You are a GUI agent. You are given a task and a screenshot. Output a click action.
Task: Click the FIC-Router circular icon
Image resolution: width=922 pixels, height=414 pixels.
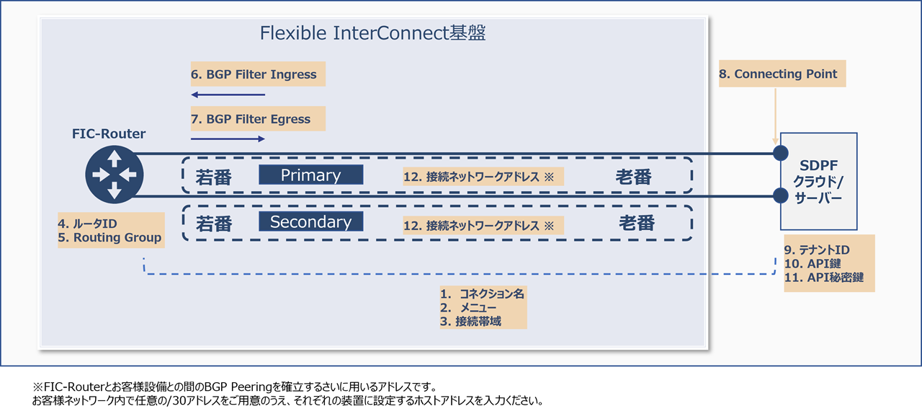point(115,175)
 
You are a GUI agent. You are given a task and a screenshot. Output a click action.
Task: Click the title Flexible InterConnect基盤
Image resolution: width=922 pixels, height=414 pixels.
point(372,33)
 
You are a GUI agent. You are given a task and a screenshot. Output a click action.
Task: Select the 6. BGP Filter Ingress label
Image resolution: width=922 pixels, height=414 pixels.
point(254,74)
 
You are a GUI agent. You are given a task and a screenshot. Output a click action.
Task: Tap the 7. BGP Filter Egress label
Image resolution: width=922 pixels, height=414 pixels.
point(251,119)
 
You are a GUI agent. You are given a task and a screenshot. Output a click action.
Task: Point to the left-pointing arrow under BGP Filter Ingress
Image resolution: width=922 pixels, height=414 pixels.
point(228,94)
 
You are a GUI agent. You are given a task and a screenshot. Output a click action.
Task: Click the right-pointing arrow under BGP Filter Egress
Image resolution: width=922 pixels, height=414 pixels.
point(228,138)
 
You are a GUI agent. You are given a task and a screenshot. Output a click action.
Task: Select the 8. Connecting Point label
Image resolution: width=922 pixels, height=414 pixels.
point(782,74)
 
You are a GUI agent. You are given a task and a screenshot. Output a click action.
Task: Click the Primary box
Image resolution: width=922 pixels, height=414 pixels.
point(310,175)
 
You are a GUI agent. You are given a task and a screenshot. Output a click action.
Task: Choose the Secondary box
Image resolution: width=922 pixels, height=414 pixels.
point(310,222)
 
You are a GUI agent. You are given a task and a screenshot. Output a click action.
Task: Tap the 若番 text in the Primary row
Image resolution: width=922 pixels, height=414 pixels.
point(214,177)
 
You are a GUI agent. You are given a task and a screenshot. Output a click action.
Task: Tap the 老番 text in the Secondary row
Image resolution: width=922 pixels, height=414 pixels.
point(637,224)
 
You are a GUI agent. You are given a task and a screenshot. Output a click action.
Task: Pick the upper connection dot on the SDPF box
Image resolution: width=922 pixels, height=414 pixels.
point(780,153)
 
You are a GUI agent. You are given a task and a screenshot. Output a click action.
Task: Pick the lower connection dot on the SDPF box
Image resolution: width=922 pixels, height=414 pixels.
point(780,195)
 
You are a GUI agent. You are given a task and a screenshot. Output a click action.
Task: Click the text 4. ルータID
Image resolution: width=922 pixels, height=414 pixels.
point(88,224)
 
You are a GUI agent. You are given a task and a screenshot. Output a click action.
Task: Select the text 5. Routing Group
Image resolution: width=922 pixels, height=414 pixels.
point(110,237)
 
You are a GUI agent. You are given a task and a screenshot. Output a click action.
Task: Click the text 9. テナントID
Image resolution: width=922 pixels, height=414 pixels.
point(817,250)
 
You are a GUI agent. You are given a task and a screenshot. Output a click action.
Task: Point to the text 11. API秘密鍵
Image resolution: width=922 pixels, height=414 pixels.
point(824,278)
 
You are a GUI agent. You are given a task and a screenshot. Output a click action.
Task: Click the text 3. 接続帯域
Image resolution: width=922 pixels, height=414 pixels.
point(471,321)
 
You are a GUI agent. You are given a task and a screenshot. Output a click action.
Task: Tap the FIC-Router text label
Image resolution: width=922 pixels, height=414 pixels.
point(109,133)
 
